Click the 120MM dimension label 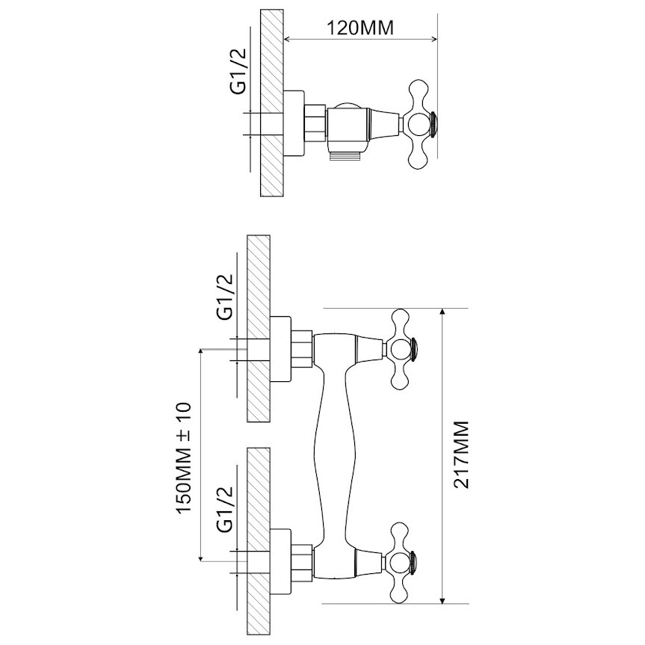click(360, 28)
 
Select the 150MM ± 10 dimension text click(184, 458)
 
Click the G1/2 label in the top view click(238, 71)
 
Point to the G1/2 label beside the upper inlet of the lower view click(225, 297)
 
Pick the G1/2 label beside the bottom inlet click(225, 509)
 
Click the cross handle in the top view click(421, 124)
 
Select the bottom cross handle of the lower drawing click(401, 563)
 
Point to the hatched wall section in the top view click(272, 103)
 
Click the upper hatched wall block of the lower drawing click(259, 328)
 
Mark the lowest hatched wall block click(259, 540)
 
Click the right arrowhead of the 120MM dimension click(433, 40)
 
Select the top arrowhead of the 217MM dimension click(442, 312)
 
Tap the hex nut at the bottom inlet click(302, 563)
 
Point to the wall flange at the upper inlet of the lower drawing click(280, 350)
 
